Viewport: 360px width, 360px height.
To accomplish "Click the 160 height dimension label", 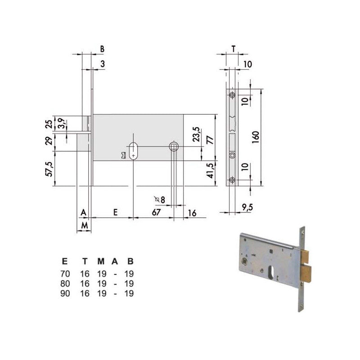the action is pos(255,137).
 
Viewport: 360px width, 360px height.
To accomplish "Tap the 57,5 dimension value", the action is pos(49,169).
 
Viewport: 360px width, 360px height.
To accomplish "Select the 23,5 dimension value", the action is pos(196,134).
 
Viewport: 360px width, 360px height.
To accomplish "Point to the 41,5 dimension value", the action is pos(210,171).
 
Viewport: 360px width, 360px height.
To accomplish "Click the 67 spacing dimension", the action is pos(156,212).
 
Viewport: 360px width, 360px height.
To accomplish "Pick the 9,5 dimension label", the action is pos(247,207).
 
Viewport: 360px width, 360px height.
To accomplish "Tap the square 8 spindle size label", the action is pos(160,199).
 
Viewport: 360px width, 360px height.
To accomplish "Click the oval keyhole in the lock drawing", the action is pos(133,151).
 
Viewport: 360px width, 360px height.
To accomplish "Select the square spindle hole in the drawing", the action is pos(174,146).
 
